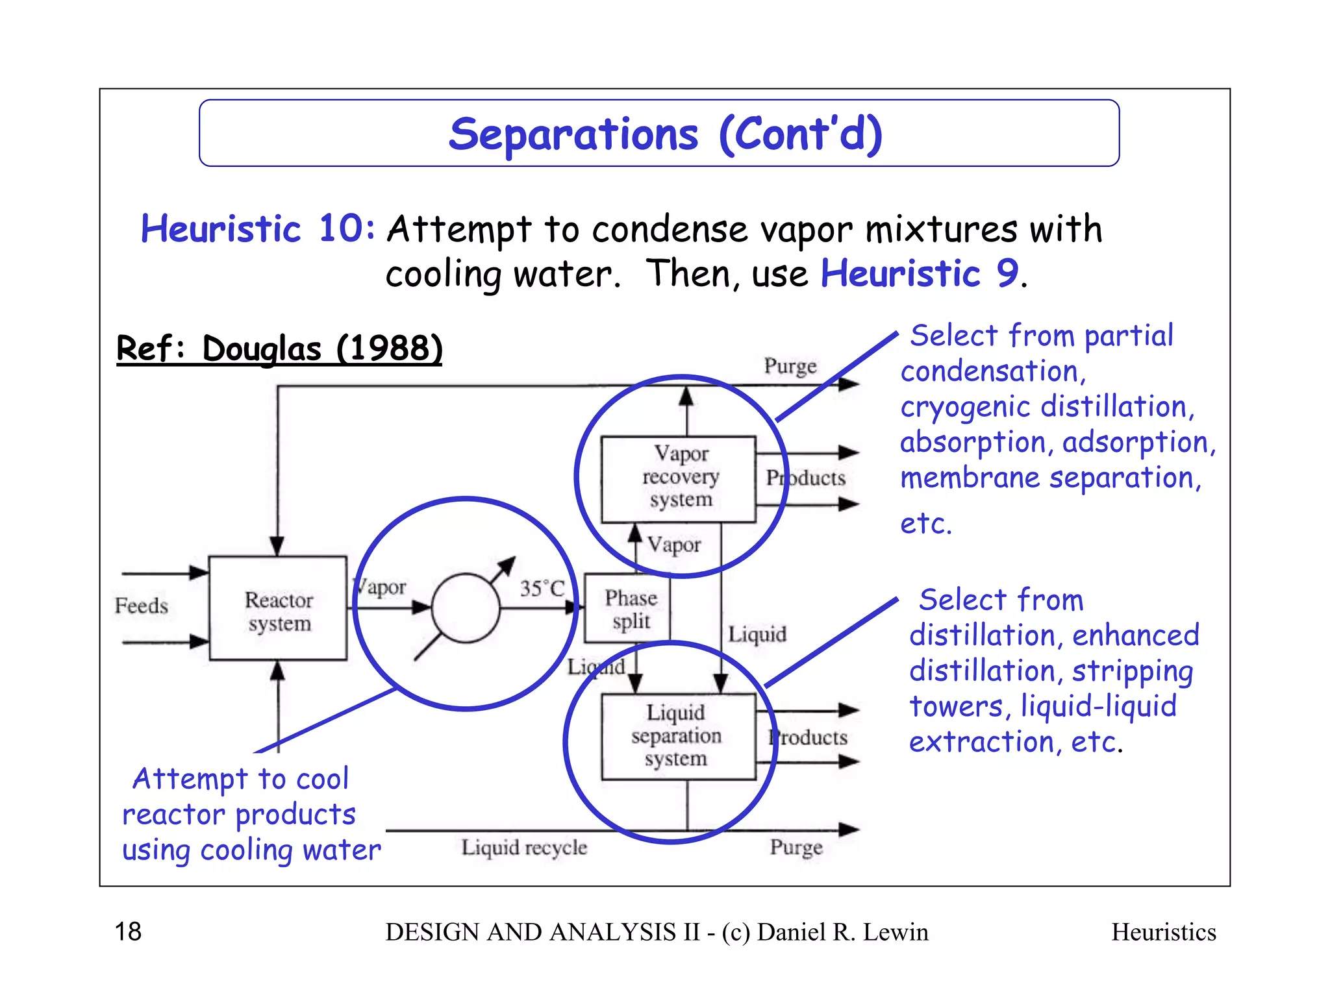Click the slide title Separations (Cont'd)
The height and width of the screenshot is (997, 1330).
point(665,134)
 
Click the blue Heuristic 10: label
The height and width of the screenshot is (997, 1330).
point(258,229)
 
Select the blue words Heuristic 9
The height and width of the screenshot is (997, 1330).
point(920,273)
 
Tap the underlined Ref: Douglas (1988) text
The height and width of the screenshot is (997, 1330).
point(279,349)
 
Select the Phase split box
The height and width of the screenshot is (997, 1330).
point(628,608)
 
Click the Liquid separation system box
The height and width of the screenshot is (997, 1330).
point(678,735)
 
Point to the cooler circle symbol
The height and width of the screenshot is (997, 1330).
point(466,608)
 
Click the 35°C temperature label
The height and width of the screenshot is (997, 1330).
point(542,588)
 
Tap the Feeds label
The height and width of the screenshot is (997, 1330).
point(141,606)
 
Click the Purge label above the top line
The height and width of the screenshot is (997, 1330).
point(790,365)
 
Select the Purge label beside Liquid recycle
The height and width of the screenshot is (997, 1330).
point(796,847)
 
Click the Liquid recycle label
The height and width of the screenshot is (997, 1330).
point(523,847)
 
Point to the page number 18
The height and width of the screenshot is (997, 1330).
point(128,931)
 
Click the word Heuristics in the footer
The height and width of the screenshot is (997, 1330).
point(1163,932)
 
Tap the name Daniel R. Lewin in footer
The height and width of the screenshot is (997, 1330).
point(842,932)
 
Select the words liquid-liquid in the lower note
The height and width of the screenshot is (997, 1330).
point(1098,706)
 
